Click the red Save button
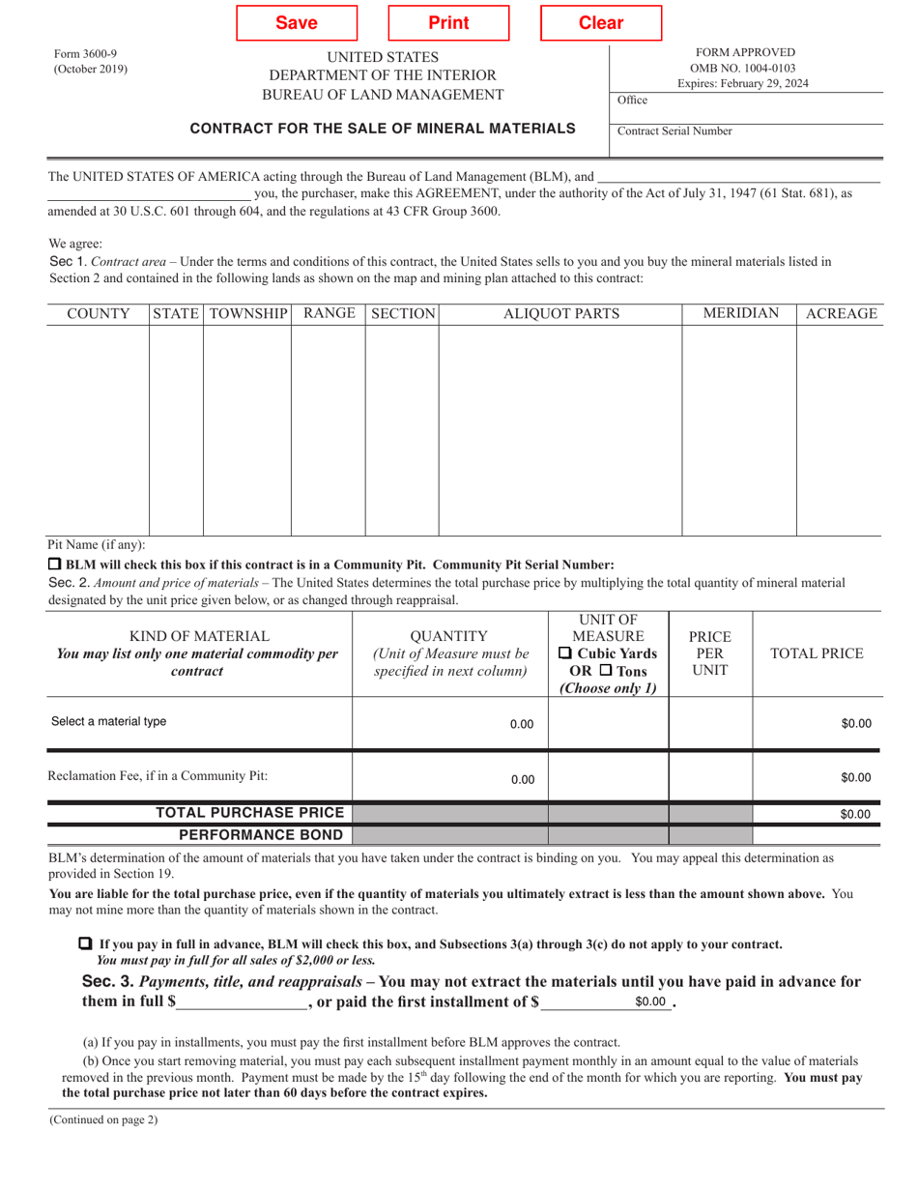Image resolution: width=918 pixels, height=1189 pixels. (x=297, y=23)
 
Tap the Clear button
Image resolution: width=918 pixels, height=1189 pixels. (x=601, y=23)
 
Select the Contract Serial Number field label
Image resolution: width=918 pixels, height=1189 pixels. (x=674, y=131)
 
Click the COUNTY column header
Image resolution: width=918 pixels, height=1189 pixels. (x=98, y=313)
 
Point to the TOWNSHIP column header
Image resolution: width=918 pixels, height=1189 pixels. (x=247, y=313)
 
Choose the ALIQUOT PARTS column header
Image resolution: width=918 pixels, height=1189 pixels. (x=560, y=313)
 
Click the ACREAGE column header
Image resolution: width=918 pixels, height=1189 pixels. (x=840, y=313)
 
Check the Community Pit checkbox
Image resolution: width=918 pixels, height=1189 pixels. (x=55, y=564)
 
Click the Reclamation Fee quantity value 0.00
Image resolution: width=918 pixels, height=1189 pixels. (x=522, y=778)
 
